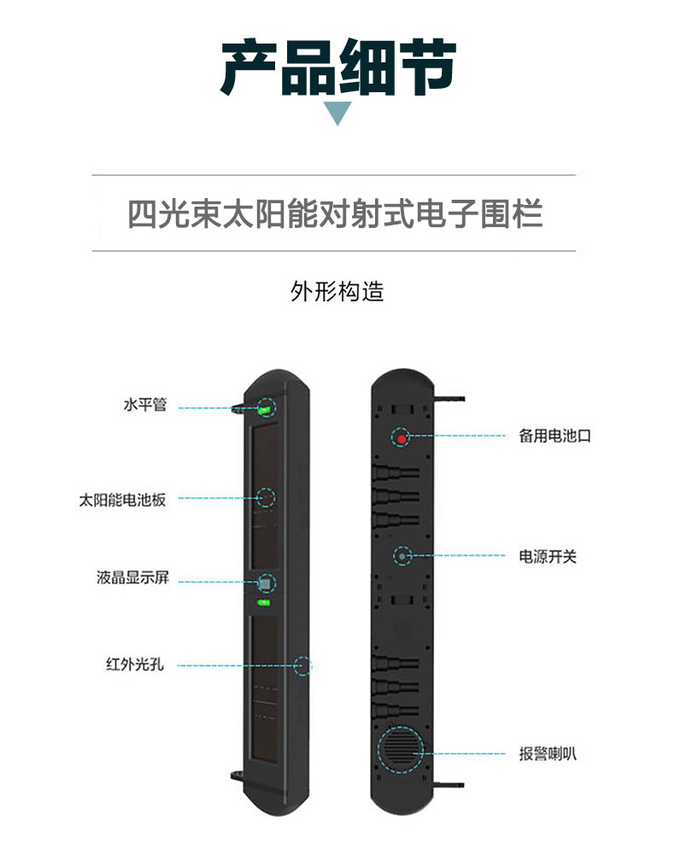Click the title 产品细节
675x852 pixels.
(x=337, y=67)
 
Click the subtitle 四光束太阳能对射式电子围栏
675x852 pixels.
(x=334, y=213)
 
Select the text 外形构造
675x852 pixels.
(x=337, y=292)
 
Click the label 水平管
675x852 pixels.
(x=144, y=405)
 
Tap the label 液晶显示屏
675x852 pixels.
(x=132, y=577)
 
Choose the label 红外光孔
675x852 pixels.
(x=134, y=664)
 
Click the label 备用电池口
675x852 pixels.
(x=555, y=435)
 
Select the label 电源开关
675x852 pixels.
(x=548, y=557)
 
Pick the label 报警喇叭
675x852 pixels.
(x=548, y=754)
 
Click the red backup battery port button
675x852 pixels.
(x=402, y=438)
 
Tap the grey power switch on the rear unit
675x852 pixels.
(x=402, y=556)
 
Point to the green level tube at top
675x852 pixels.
(x=265, y=410)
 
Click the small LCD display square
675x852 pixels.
(x=265, y=584)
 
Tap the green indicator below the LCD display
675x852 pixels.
(x=264, y=603)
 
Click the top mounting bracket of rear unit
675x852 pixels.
(x=449, y=400)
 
